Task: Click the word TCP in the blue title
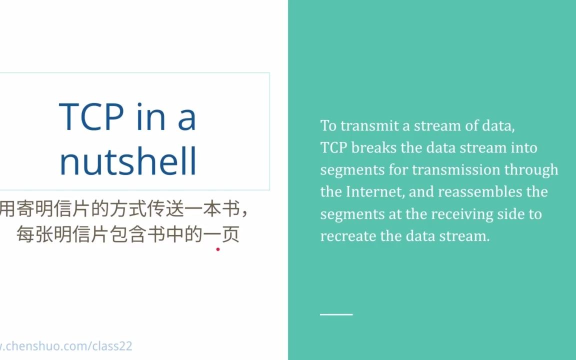point(91,117)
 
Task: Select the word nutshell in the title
point(128,161)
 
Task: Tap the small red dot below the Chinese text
point(218,249)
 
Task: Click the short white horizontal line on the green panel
point(336,314)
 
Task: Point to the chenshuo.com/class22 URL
point(66,346)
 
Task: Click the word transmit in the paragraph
point(370,125)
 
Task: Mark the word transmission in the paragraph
point(456,169)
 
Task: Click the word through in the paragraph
point(531,170)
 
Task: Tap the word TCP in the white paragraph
point(333,147)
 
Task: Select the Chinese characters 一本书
point(212,208)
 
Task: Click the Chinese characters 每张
point(34,234)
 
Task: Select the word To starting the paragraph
point(328,125)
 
